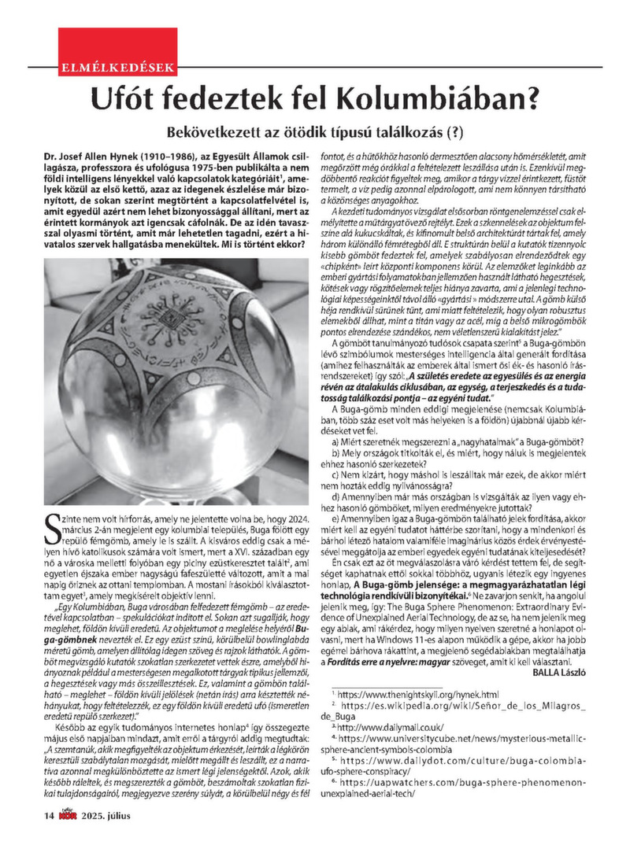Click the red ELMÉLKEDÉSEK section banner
(117, 68)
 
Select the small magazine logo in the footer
(68, 836)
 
